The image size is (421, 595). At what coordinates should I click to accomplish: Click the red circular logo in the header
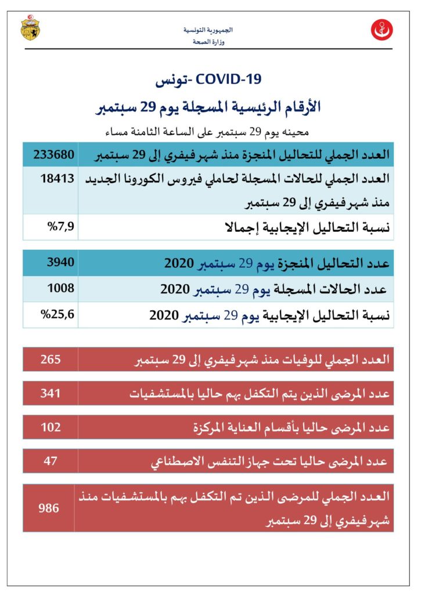point(382,29)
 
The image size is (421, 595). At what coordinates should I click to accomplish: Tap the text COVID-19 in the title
point(228,79)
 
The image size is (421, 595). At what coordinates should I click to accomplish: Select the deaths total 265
point(51,360)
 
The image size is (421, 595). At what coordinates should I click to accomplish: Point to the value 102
point(51,427)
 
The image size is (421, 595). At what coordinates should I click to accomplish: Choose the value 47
point(51,461)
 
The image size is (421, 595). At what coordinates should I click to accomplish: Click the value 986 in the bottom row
point(49,508)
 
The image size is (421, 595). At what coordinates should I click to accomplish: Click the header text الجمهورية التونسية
point(211,30)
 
